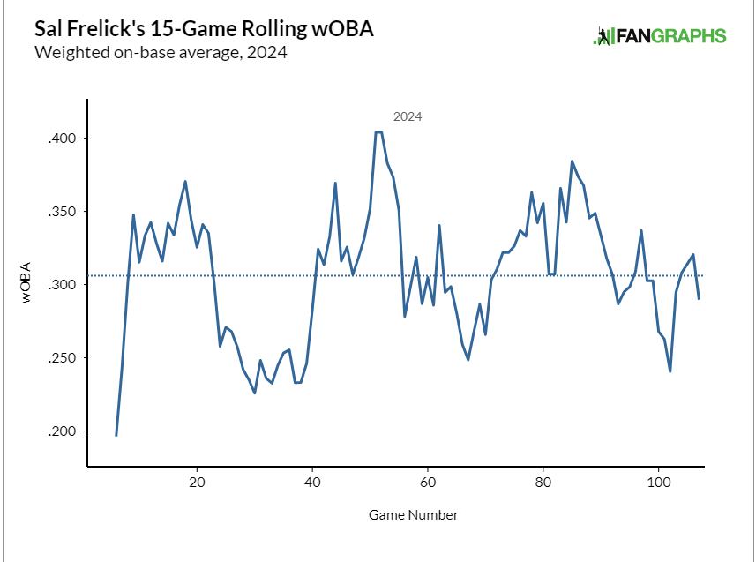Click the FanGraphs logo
coord(661,36)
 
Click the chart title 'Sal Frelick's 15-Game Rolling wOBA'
coord(204,28)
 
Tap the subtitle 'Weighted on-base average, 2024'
coord(161,52)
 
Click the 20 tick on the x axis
coord(197,483)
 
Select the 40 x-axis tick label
coord(312,483)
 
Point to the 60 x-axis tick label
coord(428,483)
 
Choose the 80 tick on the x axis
coord(543,483)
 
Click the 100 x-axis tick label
coord(658,483)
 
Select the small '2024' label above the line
coord(408,116)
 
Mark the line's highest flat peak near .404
coord(378,132)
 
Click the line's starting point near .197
coord(116,435)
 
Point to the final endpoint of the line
coord(699,298)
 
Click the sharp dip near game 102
coord(670,371)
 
